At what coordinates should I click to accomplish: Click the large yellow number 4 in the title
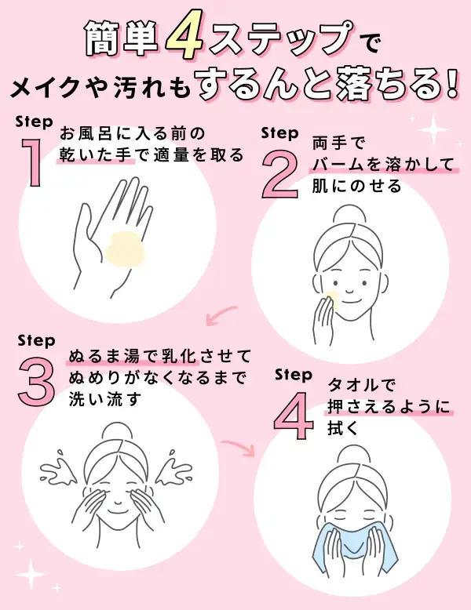tap(185, 39)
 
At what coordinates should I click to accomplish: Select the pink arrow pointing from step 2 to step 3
tap(222, 315)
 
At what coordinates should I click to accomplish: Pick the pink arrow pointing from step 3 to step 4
tap(239, 448)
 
